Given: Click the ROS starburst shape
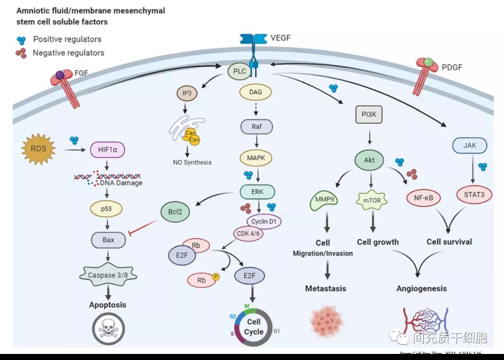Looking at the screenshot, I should click(39, 149).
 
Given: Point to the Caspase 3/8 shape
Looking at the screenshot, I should click(108, 275).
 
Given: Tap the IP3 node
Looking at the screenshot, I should click(186, 92).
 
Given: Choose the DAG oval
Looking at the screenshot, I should click(256, 92).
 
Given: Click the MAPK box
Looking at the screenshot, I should click(256, 158).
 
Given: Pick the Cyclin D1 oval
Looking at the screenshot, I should click(265, 221).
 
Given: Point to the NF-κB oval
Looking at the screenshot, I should click(424, 198).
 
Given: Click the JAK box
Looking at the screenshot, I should click(469, 145).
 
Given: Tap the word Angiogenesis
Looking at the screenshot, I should click(421, 289).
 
